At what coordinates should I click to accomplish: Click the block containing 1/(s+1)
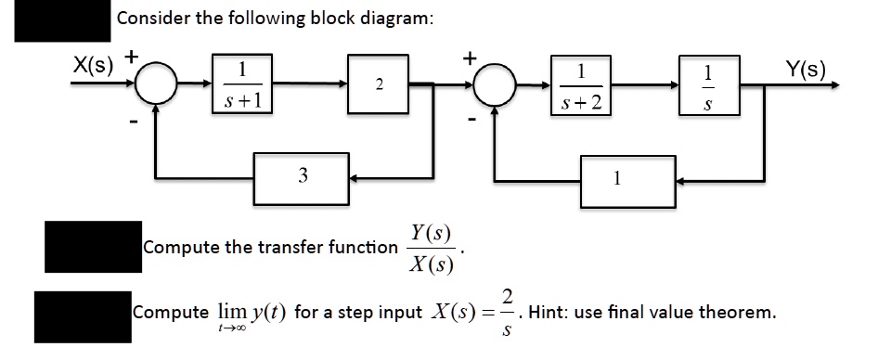click(x=241, y=86)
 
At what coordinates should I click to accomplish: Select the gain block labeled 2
click(x=378, y=86)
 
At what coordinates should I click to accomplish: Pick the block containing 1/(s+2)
click(x=580, y=86)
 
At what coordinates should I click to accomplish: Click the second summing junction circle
click(x=493, y=86)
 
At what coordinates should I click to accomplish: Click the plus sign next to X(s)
click(x=132, y=58)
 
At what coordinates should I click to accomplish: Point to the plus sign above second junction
click(x=471, y=58)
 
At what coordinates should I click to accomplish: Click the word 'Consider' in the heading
click(x=153, y=19)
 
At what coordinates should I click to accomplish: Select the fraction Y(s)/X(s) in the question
click(x=431, y=249)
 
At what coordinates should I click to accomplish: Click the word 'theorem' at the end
click(x=734, y=312)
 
